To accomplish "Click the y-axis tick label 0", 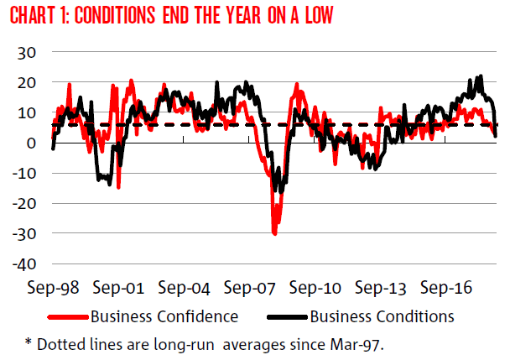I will point(31,143).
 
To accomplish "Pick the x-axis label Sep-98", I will point(53,288).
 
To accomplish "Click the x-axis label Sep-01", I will point(119,288).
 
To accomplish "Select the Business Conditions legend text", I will point(382,316).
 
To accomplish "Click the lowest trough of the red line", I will point(274,232).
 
